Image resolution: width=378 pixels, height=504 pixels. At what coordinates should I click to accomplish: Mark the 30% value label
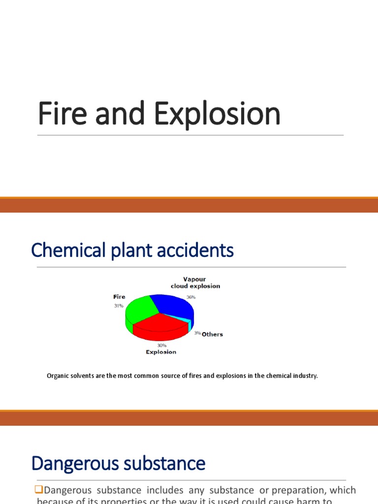[162, 346]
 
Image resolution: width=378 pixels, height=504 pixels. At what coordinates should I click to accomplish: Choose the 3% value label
[197, 334]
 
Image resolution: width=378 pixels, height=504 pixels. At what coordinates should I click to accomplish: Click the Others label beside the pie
[212, 334]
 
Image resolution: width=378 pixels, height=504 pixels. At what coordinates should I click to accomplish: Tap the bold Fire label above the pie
[119, 297]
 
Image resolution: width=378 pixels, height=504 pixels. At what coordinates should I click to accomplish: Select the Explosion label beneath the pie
[160, 352]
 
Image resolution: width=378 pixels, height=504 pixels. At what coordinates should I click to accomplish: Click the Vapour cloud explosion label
[195, 283]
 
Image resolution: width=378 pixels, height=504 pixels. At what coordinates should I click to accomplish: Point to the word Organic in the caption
[59, 376]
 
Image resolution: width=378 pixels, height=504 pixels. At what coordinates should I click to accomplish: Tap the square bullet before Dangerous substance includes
[39, 491]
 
